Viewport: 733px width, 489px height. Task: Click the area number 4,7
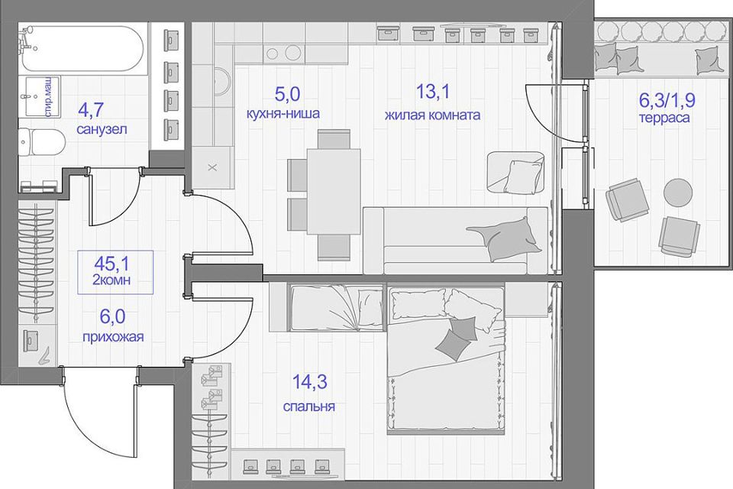[x=91, y=110]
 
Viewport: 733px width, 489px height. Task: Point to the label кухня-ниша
[x=283, y=113]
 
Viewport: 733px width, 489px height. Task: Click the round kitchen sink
[x=223, y=82]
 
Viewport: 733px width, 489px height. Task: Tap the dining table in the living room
[x=334, y=191]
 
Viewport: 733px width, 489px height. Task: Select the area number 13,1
[x=432, y=91]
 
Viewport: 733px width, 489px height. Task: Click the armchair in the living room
[x=515, y=172]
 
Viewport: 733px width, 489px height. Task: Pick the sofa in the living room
[x=455, y=240]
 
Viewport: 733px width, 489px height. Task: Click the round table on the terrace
[x=678, y=193]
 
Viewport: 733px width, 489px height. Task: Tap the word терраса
[x=664, y=118]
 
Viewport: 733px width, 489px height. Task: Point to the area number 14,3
[x=309, y=382]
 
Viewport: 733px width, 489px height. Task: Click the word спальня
[x=309, y=406]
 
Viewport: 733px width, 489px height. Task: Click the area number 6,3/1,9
[x=667, y=99]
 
